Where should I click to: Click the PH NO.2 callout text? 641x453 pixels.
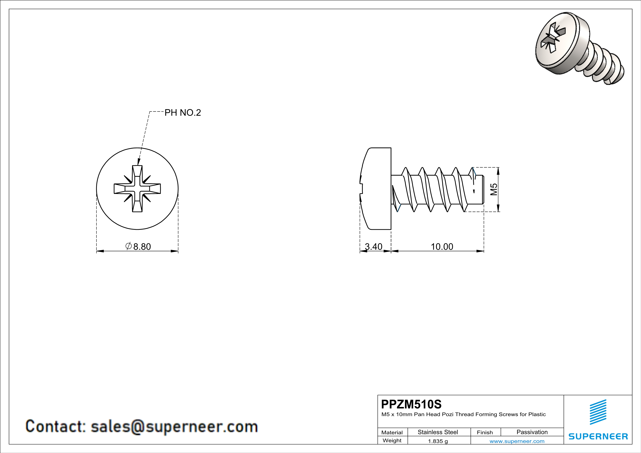point(183,113)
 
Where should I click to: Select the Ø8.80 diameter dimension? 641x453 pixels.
point(139,247)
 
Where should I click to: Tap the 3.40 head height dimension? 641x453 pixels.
point(374,247)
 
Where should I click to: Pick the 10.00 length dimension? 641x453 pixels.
point(442,247)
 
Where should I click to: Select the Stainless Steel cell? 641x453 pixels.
point(438,432)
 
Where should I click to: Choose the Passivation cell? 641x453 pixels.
point(532,432)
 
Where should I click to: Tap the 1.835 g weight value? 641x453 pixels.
point(438,441)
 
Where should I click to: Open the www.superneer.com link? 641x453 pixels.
point(517,441)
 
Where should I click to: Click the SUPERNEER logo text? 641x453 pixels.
point(598,436)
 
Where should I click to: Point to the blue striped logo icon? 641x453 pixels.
point(598,412)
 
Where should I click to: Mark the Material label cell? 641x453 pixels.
point(392,432)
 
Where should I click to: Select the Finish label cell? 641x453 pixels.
point(485,432)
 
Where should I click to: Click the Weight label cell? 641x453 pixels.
point(392,440)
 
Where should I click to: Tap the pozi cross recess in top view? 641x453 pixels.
point(137,189)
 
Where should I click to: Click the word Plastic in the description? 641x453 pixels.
point(537,414)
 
